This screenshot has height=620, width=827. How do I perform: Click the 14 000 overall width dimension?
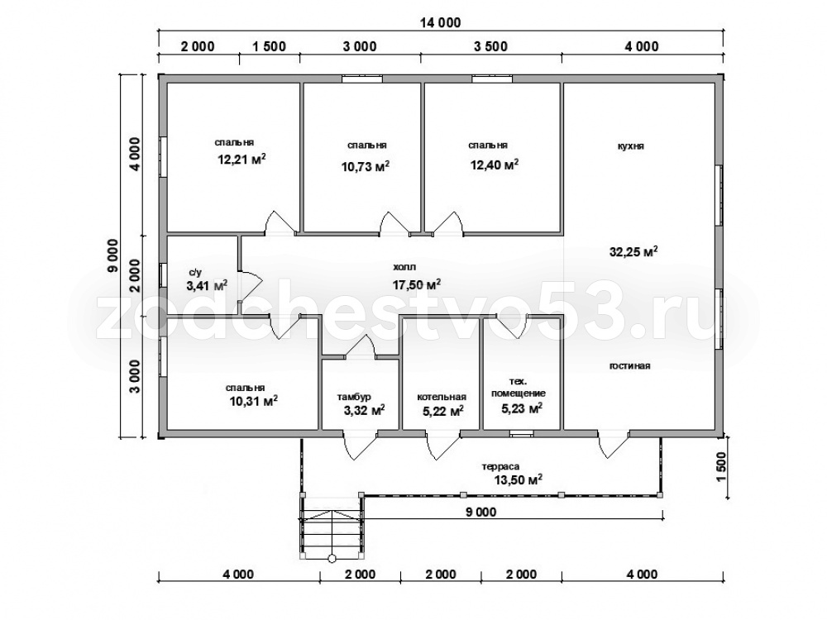click(441, 22)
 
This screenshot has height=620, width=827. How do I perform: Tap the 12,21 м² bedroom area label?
click(241, 159)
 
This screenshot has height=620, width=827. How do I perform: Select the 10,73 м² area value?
click(366, 167)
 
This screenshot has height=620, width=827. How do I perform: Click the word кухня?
click(631, 146)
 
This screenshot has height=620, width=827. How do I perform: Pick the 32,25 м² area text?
click(633, 251)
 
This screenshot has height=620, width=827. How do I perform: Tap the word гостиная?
click(629, 366)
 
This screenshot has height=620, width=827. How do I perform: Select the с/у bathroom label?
click(195, 273)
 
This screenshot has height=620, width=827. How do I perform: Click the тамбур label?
click(354, 397)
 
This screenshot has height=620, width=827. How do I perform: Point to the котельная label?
click(442, 397)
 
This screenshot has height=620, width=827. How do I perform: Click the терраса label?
click(500, 466)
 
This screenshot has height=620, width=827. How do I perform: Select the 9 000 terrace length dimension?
click(480, 512)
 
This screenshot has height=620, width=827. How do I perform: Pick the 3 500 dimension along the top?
click(490, 46)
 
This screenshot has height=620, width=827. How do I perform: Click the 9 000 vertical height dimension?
click(112, 255)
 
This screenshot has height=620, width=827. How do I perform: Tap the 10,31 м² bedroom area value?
click(253, 401)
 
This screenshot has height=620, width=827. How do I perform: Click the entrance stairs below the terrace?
click(332, 527)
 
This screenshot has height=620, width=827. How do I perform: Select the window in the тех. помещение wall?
click(522, 434)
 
